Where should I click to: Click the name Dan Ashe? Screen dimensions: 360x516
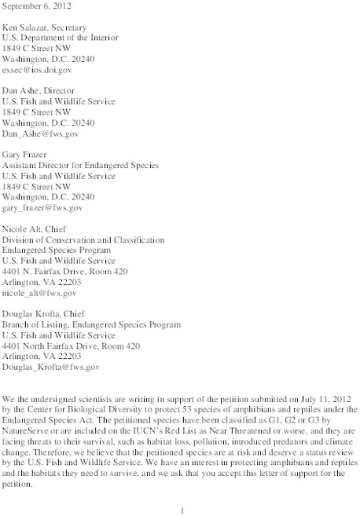click(24, 90)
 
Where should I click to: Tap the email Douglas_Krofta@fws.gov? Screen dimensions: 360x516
click(52, 366)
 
